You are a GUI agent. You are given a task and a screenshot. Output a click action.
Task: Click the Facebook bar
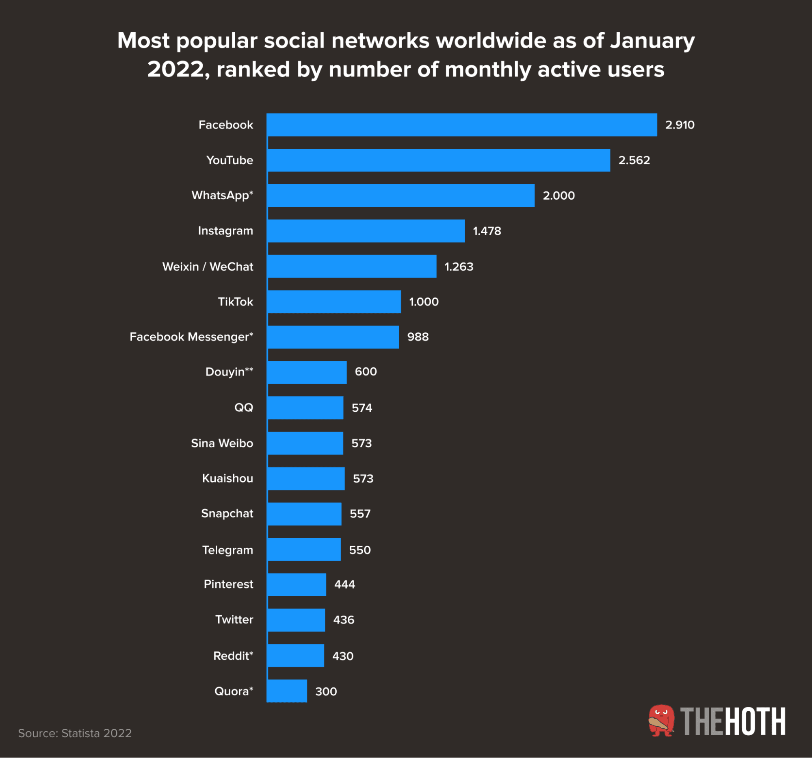461,125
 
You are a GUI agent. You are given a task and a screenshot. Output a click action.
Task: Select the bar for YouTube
438,160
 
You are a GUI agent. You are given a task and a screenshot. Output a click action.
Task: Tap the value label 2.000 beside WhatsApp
559,196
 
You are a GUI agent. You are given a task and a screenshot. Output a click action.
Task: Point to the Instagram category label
225,231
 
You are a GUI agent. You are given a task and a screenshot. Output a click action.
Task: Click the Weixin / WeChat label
208,267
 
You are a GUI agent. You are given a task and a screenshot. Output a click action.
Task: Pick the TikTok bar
334,302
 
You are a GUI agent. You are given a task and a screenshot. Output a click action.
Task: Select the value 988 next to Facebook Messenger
418,337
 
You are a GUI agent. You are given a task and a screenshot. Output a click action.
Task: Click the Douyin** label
229,372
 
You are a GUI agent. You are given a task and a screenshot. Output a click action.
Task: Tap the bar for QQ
305,407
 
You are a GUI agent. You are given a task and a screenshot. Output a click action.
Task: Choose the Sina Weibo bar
305,443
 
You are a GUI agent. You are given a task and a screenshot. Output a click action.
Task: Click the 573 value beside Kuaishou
363,478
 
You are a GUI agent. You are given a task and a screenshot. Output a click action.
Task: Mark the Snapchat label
227,514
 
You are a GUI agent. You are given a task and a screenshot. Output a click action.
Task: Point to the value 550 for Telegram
359,549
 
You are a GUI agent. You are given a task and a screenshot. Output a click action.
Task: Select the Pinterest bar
296,584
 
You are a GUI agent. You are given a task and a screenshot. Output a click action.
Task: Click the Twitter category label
234,619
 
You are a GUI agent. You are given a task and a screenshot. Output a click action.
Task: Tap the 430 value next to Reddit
342,656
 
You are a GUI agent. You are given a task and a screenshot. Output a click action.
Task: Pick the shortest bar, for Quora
287,691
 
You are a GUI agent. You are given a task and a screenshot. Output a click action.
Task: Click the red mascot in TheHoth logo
661,721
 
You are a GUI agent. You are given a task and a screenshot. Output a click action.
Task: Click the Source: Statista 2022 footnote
75,733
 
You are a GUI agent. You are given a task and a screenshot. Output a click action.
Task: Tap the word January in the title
652,41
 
